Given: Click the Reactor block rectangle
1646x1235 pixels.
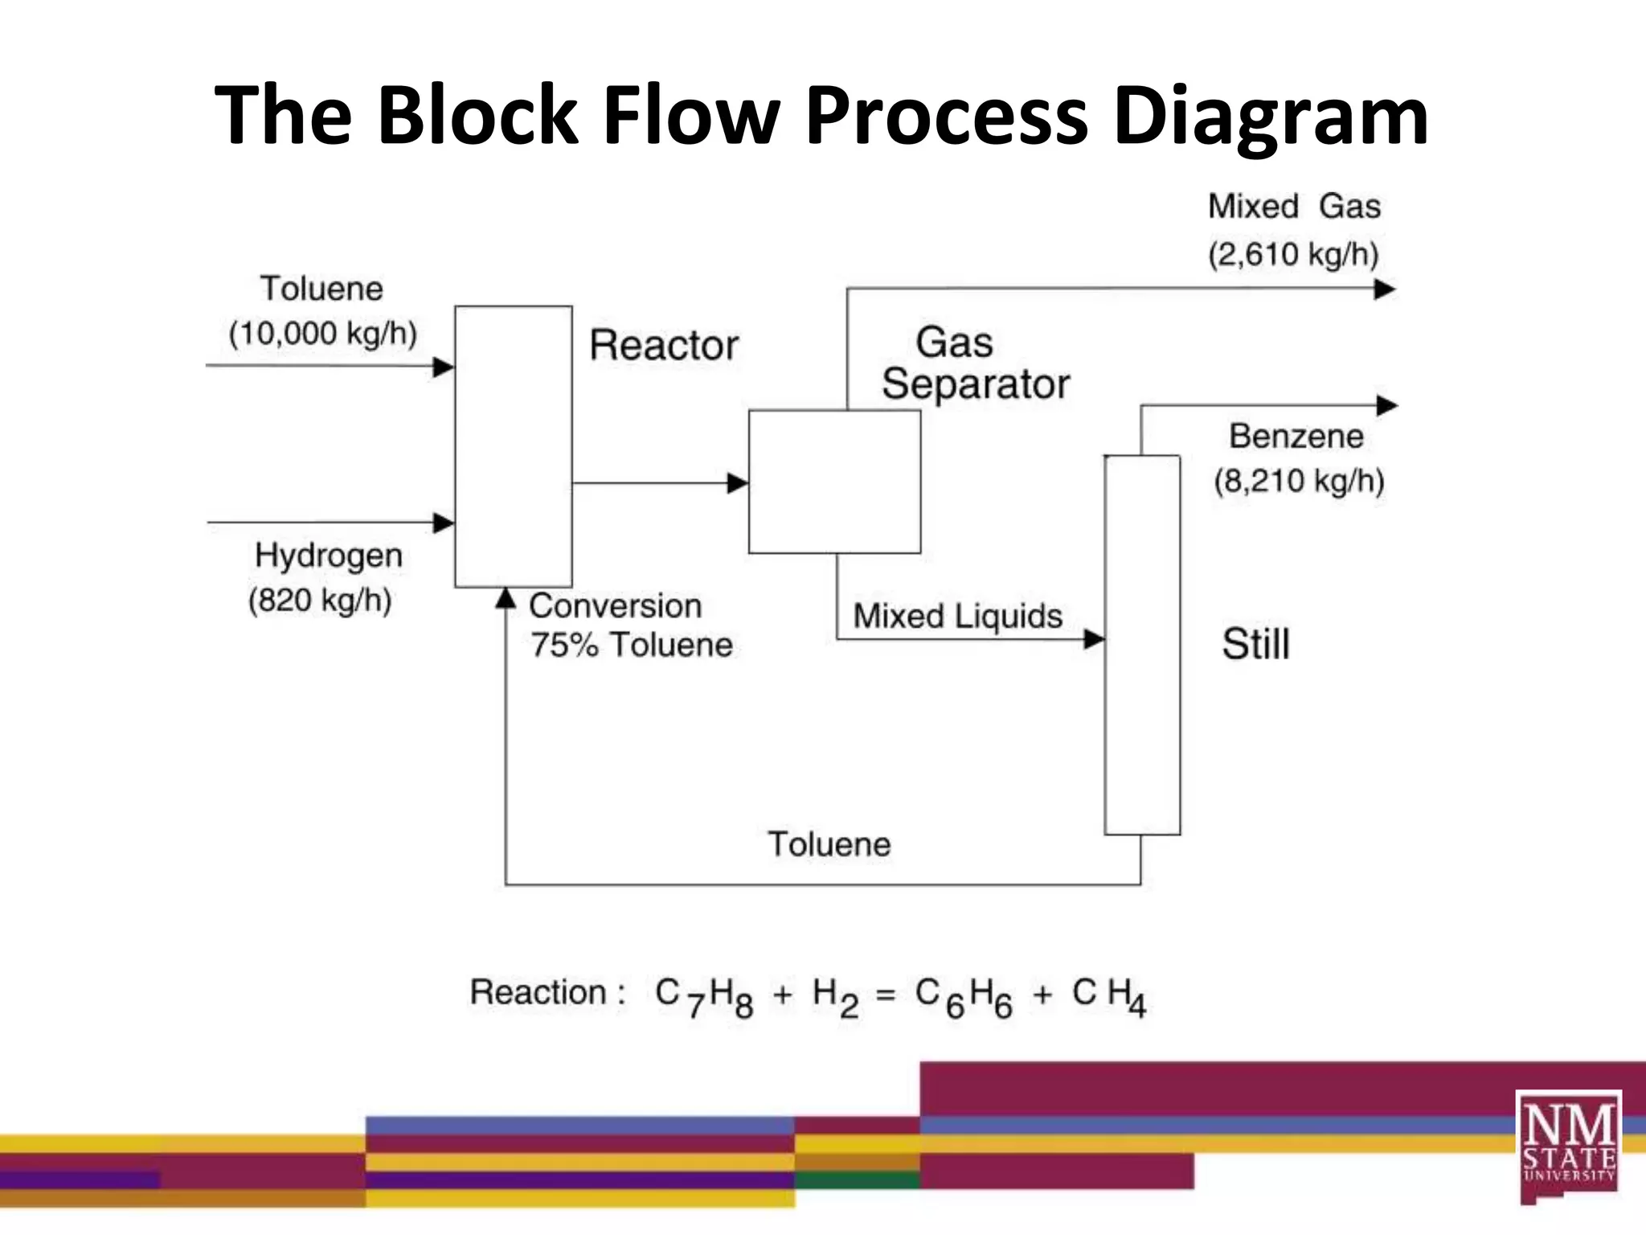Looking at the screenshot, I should coord(514,446).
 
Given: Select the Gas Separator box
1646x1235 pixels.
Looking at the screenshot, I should coord(834,482).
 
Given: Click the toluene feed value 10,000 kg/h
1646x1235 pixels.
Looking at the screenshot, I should coord(323,333).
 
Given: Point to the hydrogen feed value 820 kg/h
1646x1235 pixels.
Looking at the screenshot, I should coord(320,600).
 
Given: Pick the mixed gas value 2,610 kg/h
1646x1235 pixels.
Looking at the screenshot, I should coord(1293,254).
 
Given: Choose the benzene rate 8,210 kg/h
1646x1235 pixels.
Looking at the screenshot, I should coord(1299,481).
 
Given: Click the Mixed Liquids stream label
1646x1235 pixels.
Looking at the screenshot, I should coord(957,617).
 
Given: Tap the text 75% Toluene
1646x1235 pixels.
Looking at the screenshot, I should coord(631,645).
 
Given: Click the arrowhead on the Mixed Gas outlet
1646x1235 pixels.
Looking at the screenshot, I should coord(1384,289).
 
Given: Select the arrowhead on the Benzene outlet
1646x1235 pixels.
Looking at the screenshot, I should coord(1386,405).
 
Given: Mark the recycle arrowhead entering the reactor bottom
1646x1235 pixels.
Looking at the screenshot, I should coord(506,597).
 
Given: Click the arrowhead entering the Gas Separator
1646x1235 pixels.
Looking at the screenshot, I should coord(737,483).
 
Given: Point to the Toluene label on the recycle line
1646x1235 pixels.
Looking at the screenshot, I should coord(829,844).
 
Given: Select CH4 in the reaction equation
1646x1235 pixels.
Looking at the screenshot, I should coord(1108,996).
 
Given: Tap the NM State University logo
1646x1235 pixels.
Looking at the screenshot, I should coord(1568,1146).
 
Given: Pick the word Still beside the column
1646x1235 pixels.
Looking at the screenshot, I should coord(1255,644).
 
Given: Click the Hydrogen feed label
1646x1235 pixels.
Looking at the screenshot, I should coord(328,556).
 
